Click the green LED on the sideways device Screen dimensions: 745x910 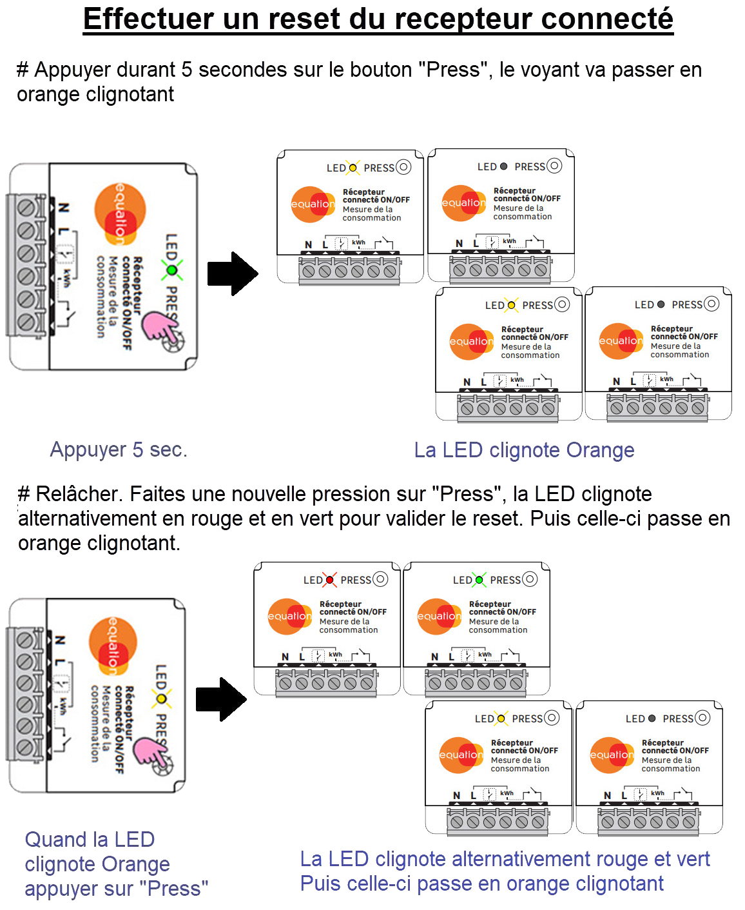(171, 270)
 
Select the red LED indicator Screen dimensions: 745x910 (329, 580)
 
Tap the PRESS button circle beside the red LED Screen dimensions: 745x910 (380, 579)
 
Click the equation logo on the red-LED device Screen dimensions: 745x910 (289, 616)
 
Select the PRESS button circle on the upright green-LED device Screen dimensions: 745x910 (530, 579)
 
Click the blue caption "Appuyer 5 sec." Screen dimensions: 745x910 (119, 449)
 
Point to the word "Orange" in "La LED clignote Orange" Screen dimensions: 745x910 (600, 450)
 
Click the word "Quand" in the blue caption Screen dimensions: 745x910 (55, 840)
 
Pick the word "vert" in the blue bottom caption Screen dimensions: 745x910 (691, 859)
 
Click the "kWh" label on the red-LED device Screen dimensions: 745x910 (335, 655)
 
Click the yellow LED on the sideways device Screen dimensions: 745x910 (161, 698)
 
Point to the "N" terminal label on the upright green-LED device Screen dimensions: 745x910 (434, 657)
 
